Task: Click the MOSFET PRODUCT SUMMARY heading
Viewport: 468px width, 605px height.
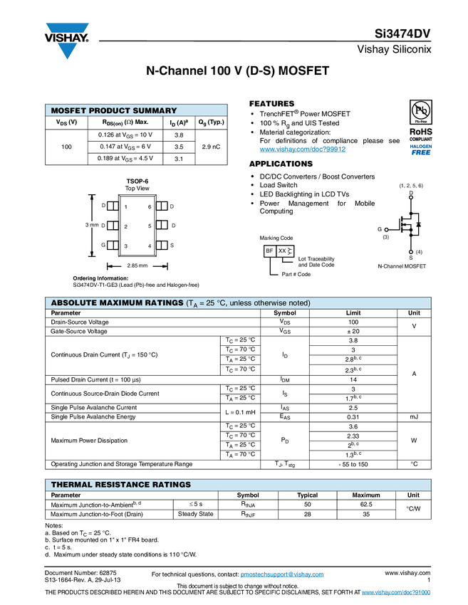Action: point(113,110)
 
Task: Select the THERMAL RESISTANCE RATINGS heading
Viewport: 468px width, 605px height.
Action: point(120,485)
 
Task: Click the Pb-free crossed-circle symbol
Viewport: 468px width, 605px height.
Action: point(422,111)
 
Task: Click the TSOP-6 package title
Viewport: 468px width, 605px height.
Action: point(137,181)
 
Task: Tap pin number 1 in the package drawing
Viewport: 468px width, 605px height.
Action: point(126,207)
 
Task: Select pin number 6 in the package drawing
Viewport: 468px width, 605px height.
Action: point(150,207)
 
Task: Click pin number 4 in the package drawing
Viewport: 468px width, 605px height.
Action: point(150,246)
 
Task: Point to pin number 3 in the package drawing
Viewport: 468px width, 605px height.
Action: point(126,246)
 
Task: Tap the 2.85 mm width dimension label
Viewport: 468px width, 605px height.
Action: point(137,265)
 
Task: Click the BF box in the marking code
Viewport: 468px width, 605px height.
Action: point(269,251)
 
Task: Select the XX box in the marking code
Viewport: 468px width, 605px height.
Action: point(282,251)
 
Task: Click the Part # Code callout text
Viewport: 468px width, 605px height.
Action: point(296,274)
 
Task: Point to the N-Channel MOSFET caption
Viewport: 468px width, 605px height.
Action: point(401,266)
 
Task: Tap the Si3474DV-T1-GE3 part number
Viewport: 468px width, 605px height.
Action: point(95,285)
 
